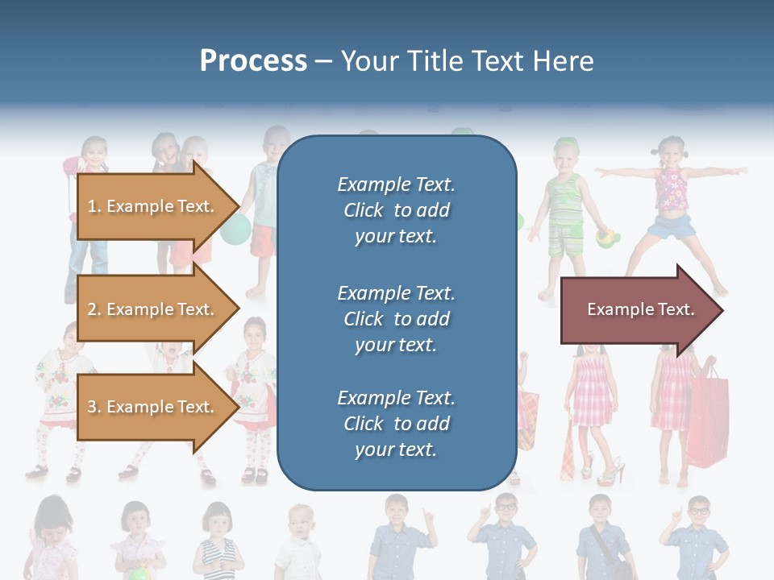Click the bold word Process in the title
(x=253, y=61)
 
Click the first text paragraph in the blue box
(x=396, y=209)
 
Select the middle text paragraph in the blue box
(x=396, y=318)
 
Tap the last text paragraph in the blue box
(x=396, y=423)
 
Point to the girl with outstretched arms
(x=672, y=201)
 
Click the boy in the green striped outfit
(x=566, y=209)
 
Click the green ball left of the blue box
(x=235, y=230)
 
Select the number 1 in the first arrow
(x=92, y=206)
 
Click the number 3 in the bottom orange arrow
(x=92, y=407)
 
